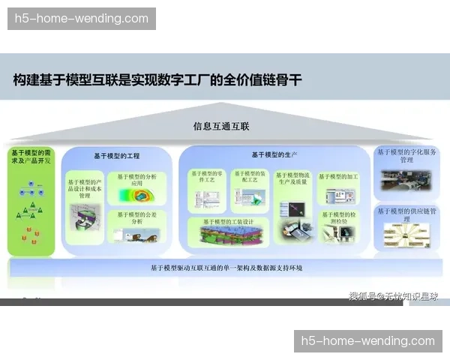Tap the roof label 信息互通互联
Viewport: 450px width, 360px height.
tap(221, 127)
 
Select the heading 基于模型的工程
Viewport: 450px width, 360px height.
tap(117, 156)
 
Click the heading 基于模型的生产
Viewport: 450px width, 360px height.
tap(274, 155)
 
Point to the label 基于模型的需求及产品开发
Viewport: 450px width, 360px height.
tap(31, 157)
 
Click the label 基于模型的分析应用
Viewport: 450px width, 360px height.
tap(136, 180)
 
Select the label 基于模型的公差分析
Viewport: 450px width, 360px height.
tap(136, 217)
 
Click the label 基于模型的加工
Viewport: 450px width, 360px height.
tap(338, 177)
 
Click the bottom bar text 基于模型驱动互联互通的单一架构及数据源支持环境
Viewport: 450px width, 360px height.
tap(226, 268)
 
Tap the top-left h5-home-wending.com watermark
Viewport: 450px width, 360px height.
tap(82, 19)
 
